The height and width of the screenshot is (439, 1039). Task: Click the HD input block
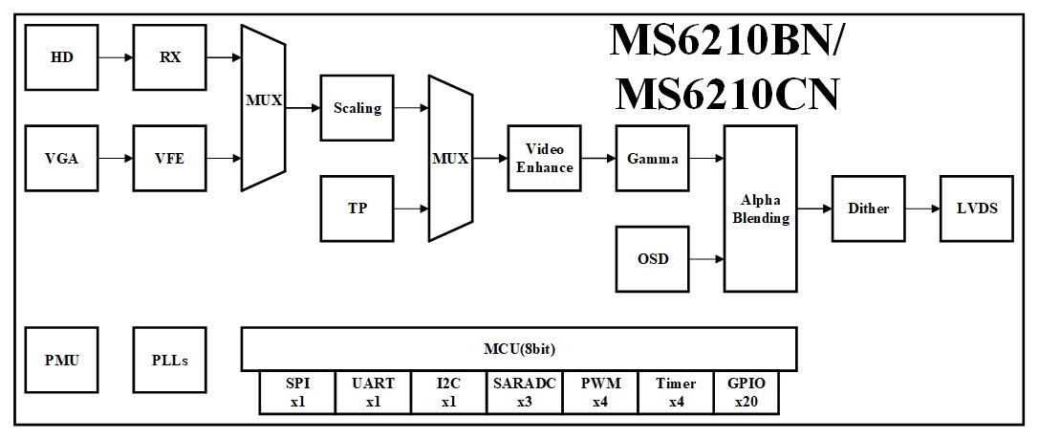pyautogui.click(x=61, y=57)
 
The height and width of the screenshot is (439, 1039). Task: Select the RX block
pyautogui.click(x=169, y=57)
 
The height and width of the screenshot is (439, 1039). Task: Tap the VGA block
pyautogui.click(x=61, y=159)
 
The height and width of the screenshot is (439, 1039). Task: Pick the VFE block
pyautogui.click(x=169, y=159)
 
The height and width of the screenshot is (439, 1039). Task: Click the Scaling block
pyautogui.click(x=357, y=108)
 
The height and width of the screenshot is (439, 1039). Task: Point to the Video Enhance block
pyautogui.click(x=544, y=159)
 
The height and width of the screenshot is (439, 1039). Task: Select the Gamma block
pyautogui.click(x=652, y=159)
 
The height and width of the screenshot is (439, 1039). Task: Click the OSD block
pyautogui.click(x=652, y=259)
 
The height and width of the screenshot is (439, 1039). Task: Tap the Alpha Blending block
pyautogui.click(x=760, y=209)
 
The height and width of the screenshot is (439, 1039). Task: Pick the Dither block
pyautogui.click(x=868, y=209)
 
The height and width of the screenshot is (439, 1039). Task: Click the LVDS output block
pyautogui.click(x=977, y=209)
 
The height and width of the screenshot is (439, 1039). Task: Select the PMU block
pyautogui.click(x=61, y=361)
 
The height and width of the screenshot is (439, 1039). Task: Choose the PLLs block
pyautogui.click(x=169, y=361)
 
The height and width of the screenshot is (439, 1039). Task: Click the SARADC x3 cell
pyautogui.click(x=525, y=393)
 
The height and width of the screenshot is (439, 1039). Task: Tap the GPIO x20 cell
pyautogui.click(x=746, y=393)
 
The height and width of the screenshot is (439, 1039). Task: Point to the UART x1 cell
pyautogui.click(x=373, y=393)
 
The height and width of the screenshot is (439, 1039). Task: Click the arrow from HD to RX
pyautogui.click(x=116, y=57)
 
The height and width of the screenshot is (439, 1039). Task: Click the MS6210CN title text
pyautogui.click(x=726, y=94)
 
